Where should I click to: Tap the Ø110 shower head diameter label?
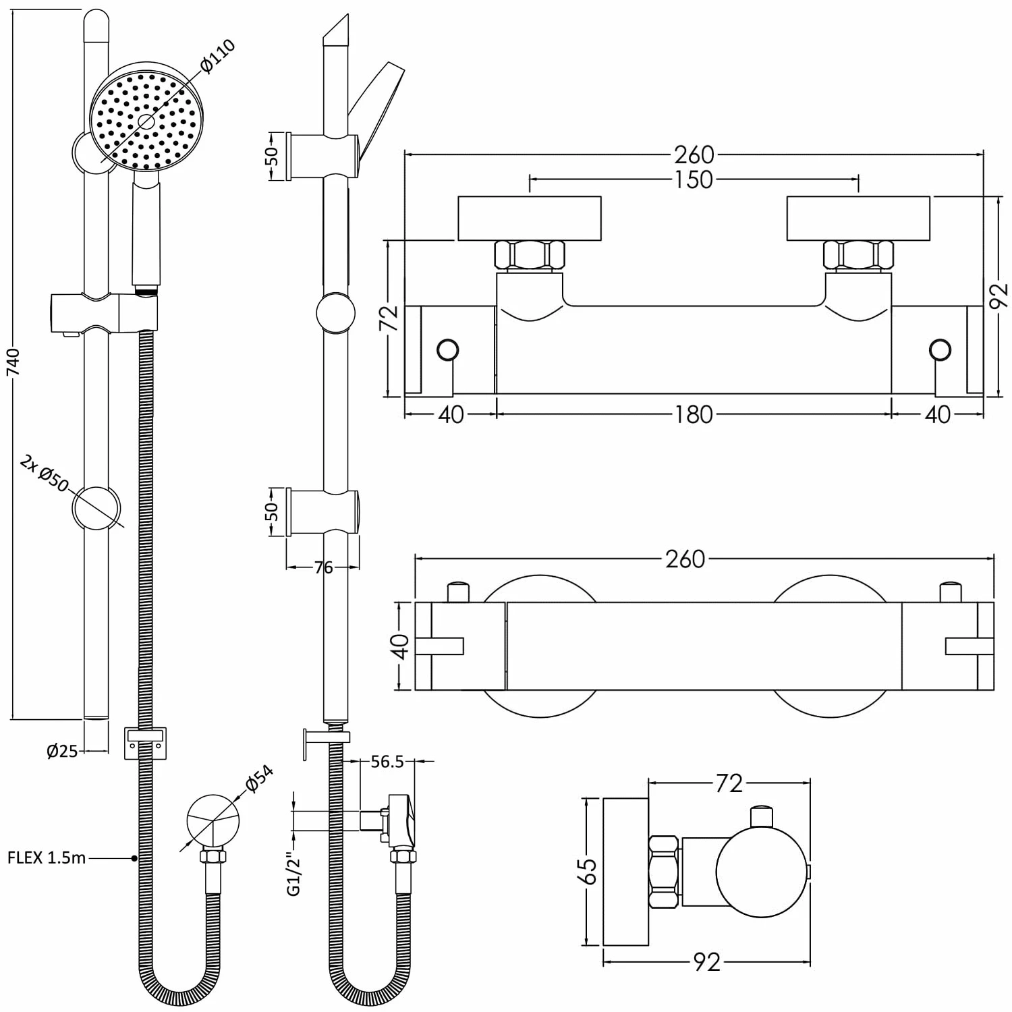pos(217,57)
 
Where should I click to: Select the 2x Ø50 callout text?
pos(45,473)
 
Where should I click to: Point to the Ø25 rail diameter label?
pos(62,750)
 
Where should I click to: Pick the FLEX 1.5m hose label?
pos(47,858)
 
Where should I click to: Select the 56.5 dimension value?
pos(387,762)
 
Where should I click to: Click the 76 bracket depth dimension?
pos(324,567)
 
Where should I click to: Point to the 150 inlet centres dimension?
pos(694,180)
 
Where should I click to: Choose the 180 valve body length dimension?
pos(694,414)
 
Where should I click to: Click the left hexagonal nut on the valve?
pos(529,256)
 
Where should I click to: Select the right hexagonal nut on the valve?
pos(858,256)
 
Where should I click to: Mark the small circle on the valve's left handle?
pos(448,350)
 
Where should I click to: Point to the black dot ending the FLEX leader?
pos(134,858)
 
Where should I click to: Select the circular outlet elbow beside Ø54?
pos(213,820)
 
